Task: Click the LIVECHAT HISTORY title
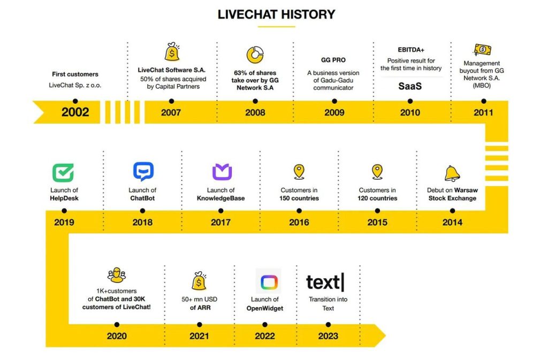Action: [x=276, y=14]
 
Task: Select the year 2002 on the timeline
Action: [x=75, y=112]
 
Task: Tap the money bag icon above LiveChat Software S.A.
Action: [x=172, y=52]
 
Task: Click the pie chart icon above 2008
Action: [x=255, y=55]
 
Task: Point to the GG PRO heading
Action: [x=333, y=60]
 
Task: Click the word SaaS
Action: [x=410, y=86]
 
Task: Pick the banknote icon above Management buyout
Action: [x=482, y=50]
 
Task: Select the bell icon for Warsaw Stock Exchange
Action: [x=452, y=173]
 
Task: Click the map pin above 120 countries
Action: [x=377, y=172]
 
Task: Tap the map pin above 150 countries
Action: [x=299, y=172]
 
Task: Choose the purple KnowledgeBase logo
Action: [x=222, y=172]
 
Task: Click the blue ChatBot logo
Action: [x=143, y=171]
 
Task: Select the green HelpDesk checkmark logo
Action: [x=63, y=172]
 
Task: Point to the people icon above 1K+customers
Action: [x=116, y=275]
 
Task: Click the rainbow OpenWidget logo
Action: [x=269, y=282]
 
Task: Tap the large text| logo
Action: [x=325, y=282]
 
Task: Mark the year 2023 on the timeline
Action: [x=328, y=336]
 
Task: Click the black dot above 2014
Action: [x=452, y=211]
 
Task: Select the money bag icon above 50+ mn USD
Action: [x=199, y=281]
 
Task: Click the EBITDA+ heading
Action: [x=410, y=50]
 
